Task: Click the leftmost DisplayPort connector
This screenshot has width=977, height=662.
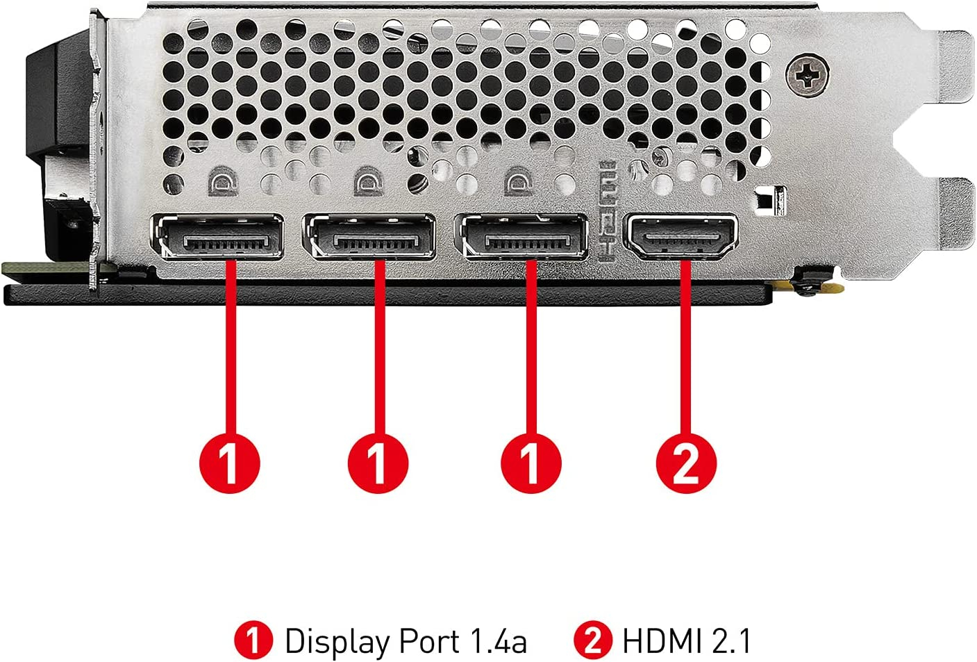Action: click(217, 236)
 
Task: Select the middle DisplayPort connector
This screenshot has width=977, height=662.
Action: click(369, 236)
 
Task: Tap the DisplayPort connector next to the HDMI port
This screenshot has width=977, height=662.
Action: click(521, 236)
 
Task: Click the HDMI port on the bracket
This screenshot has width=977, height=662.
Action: click(681, 235)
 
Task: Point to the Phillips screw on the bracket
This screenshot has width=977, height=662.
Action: click(808, 76)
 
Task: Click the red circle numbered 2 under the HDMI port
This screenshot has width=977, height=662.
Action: click(686, 463)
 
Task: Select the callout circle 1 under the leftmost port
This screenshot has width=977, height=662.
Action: click(229, 463)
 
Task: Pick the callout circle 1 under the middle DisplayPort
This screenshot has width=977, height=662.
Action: click(378, 463)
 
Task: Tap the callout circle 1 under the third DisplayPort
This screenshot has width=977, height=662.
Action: click(531, 463)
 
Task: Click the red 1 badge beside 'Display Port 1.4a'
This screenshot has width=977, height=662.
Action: click(253, 640)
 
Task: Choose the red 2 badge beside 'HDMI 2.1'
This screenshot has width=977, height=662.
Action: click(593, 640)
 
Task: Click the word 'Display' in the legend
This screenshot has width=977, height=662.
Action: click(337, 641)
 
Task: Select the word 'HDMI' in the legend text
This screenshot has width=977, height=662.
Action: click(662, 640)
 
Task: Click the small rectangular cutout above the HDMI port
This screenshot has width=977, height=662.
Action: click(771, 201)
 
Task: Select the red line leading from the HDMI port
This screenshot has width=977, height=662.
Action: click(686, 347)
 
